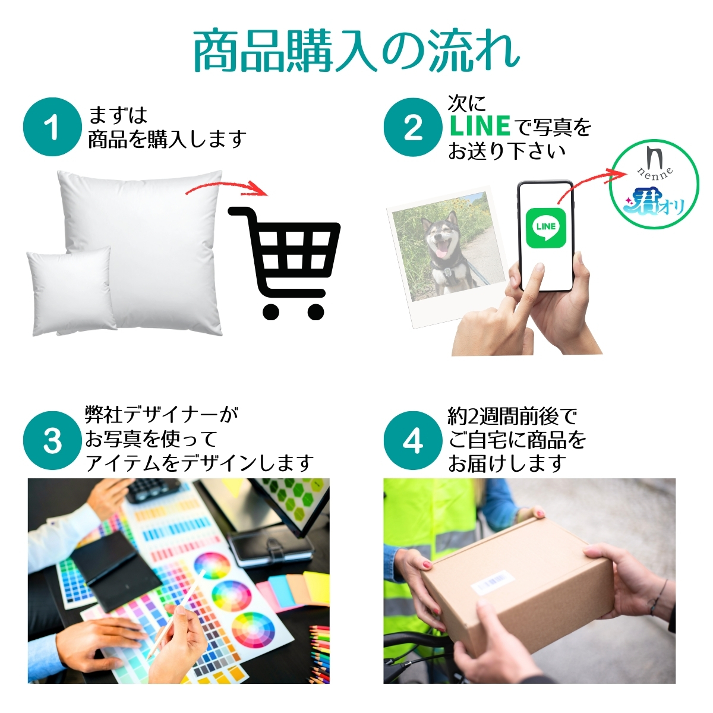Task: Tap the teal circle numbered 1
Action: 52,127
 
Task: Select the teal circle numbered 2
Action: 413,127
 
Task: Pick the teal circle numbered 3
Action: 52,441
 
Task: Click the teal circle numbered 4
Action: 413,441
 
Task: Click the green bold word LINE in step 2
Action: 480,126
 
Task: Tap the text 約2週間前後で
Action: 512,417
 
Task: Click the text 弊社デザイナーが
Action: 162,415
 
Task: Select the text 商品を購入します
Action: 167,139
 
